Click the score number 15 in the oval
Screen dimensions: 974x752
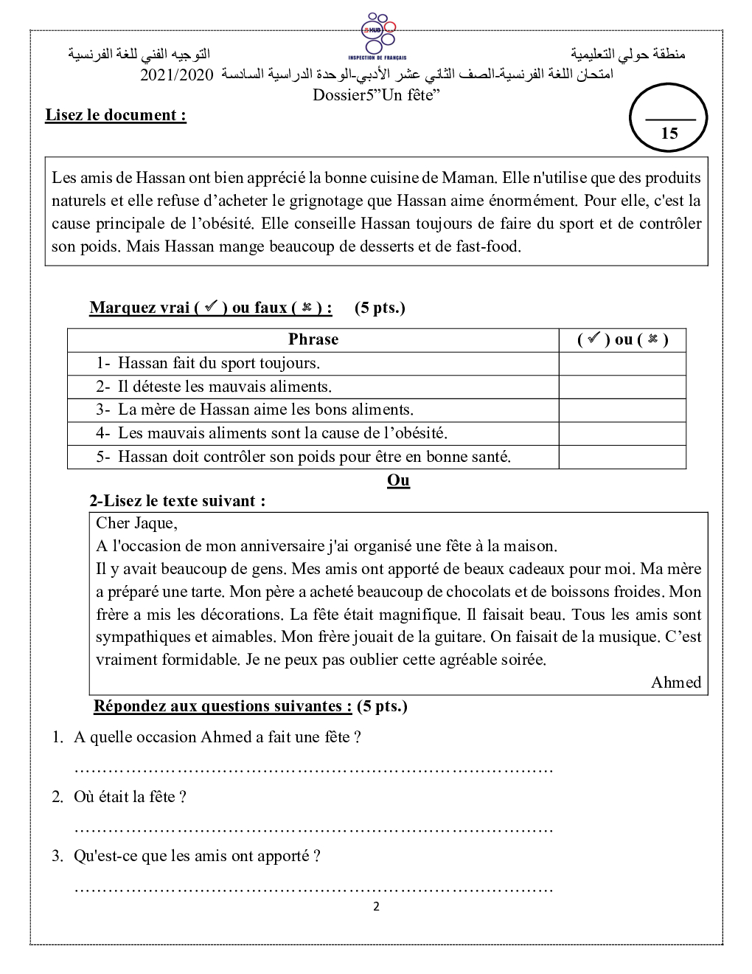[x=669, y=134]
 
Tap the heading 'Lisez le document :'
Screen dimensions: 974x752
[x=116, y=115]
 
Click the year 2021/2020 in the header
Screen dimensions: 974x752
[x=177, y=75]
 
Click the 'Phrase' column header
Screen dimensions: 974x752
[x=313, y=339]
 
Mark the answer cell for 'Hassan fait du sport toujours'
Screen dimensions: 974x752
[x=622, y=363]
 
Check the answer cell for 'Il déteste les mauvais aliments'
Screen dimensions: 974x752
[x=622, y=387]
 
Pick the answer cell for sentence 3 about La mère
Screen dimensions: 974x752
[x=622, y=410]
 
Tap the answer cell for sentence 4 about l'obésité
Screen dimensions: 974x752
[x=622, y=433]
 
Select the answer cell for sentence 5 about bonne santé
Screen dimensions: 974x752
[x=622, y=457]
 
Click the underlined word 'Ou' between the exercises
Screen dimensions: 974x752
[x=398, y=480]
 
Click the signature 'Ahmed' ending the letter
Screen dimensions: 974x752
[x=676, y=683]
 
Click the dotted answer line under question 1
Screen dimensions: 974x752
[x=314, y=770]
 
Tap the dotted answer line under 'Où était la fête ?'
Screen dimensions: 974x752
[x=314, y=829]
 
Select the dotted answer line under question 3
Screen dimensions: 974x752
[x=314, y=888]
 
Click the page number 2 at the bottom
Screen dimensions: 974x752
[x=376, y=907]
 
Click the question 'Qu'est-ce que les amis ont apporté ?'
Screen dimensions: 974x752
[x=197, y=856]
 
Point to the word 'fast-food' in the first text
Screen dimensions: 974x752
[x=487, y=246]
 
